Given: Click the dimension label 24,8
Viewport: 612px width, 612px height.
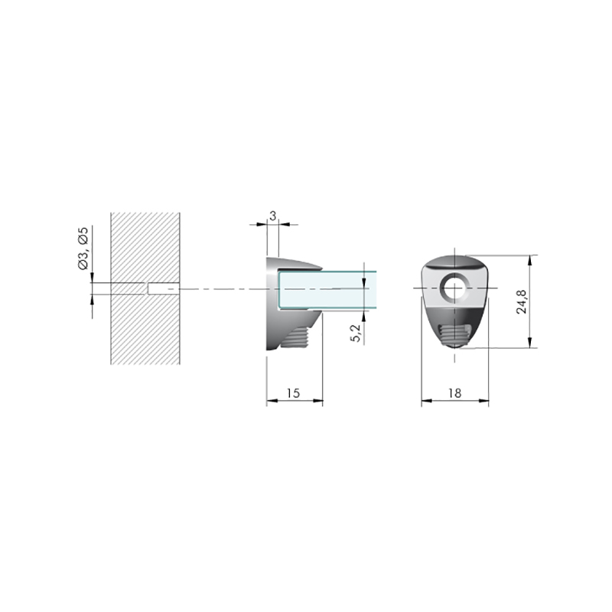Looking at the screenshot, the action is (522, 301).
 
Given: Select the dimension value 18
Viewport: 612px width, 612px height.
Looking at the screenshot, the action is (455, 393).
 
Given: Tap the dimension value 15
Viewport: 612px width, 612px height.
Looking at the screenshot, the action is (293, 393).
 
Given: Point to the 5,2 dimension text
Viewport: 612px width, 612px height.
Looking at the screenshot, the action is (356, 333).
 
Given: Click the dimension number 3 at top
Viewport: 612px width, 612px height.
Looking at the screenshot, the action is (273, 216).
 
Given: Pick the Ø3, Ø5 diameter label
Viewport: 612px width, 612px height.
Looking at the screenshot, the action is (83, 248).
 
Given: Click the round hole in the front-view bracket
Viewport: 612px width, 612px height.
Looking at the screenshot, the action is (454, 288).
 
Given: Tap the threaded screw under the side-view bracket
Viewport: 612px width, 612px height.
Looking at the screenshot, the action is (295, 337).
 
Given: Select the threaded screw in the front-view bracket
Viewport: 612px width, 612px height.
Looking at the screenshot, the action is (454, 335).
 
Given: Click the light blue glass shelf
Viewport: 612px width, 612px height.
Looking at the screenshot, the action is (327, 289).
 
